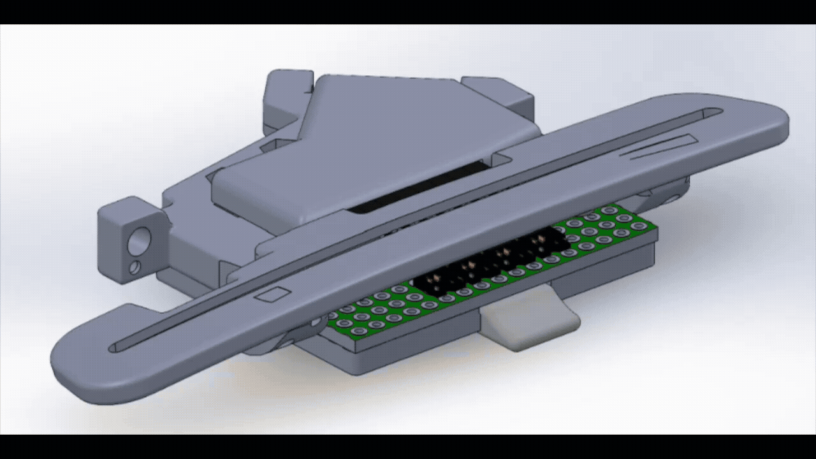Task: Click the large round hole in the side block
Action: (138, 243)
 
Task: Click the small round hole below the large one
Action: (135, 266)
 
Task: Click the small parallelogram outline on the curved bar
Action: (272, 295)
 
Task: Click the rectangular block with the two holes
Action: (127, 239)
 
